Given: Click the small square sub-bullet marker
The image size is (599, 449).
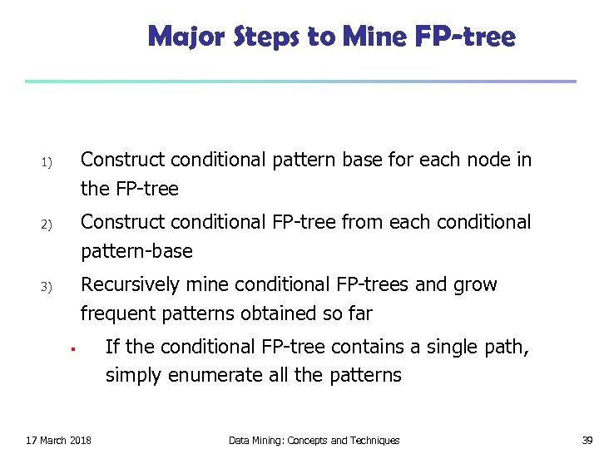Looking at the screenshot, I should tap(73, 348).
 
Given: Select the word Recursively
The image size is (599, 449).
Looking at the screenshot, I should tap(130, 284).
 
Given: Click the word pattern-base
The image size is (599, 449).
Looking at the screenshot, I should tap(136, 251).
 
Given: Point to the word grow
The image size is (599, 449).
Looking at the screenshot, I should tap(477, 285).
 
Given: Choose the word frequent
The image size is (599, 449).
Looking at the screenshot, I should tap(116, 313).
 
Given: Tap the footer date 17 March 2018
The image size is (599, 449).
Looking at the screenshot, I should tap(59, 440).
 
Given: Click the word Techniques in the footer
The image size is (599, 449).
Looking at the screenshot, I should tap(371, 440).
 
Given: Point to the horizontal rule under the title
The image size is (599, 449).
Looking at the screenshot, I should tap(299, 81).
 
